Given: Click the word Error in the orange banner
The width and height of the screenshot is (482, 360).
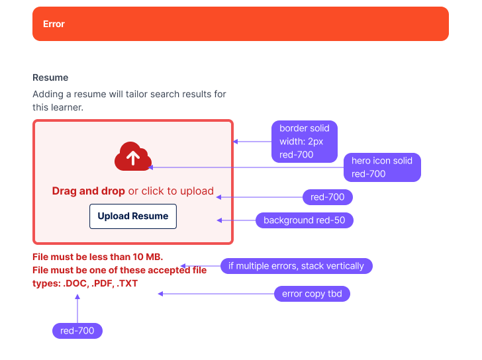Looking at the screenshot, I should [x=54, y=24].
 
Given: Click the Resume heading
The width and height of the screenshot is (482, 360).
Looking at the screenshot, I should [x=50, y=77].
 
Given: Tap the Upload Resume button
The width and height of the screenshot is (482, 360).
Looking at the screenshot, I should [x=133, y=216].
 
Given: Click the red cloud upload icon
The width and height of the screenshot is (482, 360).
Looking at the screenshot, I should [x=133, y=157].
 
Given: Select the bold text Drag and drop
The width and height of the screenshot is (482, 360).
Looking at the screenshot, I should [x=89, y=191].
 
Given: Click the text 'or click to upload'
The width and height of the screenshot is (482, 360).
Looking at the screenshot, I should [x=171, y=191].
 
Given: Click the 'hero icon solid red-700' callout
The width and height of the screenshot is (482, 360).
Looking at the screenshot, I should [x=382, y=167].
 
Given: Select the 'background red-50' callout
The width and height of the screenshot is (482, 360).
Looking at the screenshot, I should [x=305, y=220].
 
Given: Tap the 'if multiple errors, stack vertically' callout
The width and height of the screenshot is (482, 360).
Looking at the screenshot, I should [x=297, y=266].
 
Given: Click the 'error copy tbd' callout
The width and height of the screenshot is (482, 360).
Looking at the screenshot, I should [x=311, y=294].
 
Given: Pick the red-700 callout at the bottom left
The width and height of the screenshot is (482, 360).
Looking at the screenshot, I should [x=77, y=330].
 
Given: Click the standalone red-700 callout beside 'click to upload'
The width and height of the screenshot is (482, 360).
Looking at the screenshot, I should [x=328, y=197].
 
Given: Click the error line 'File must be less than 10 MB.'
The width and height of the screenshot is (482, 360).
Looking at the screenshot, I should [x=97, y=257].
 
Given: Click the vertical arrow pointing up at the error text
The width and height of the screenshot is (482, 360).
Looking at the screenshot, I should [x=77, y=308].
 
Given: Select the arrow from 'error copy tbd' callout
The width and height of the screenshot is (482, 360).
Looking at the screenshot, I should [x=215, y=294].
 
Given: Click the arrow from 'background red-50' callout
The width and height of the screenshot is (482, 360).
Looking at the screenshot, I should [x=236, y=220].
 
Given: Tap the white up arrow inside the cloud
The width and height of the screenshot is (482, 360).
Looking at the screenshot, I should [x=133, y=157].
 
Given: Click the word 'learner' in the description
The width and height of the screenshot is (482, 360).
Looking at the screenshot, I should [x=66, y=107].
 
